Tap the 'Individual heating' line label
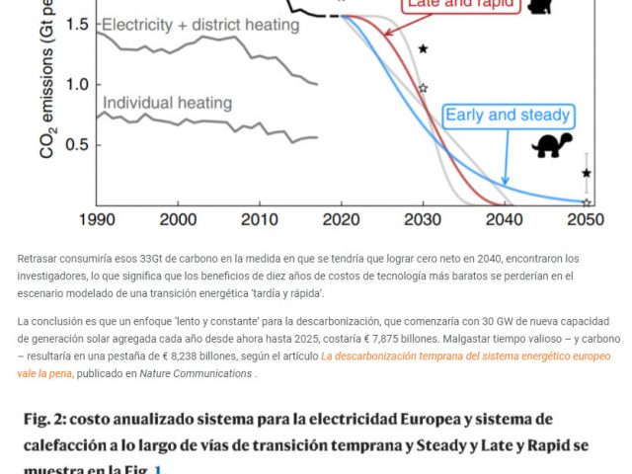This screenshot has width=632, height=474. click(x=167, y=102)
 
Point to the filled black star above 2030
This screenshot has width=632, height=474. click(x=423, y=48)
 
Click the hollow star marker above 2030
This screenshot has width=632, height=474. click(x=423, y=88)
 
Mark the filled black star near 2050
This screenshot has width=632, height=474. click(x=587, y=173)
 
